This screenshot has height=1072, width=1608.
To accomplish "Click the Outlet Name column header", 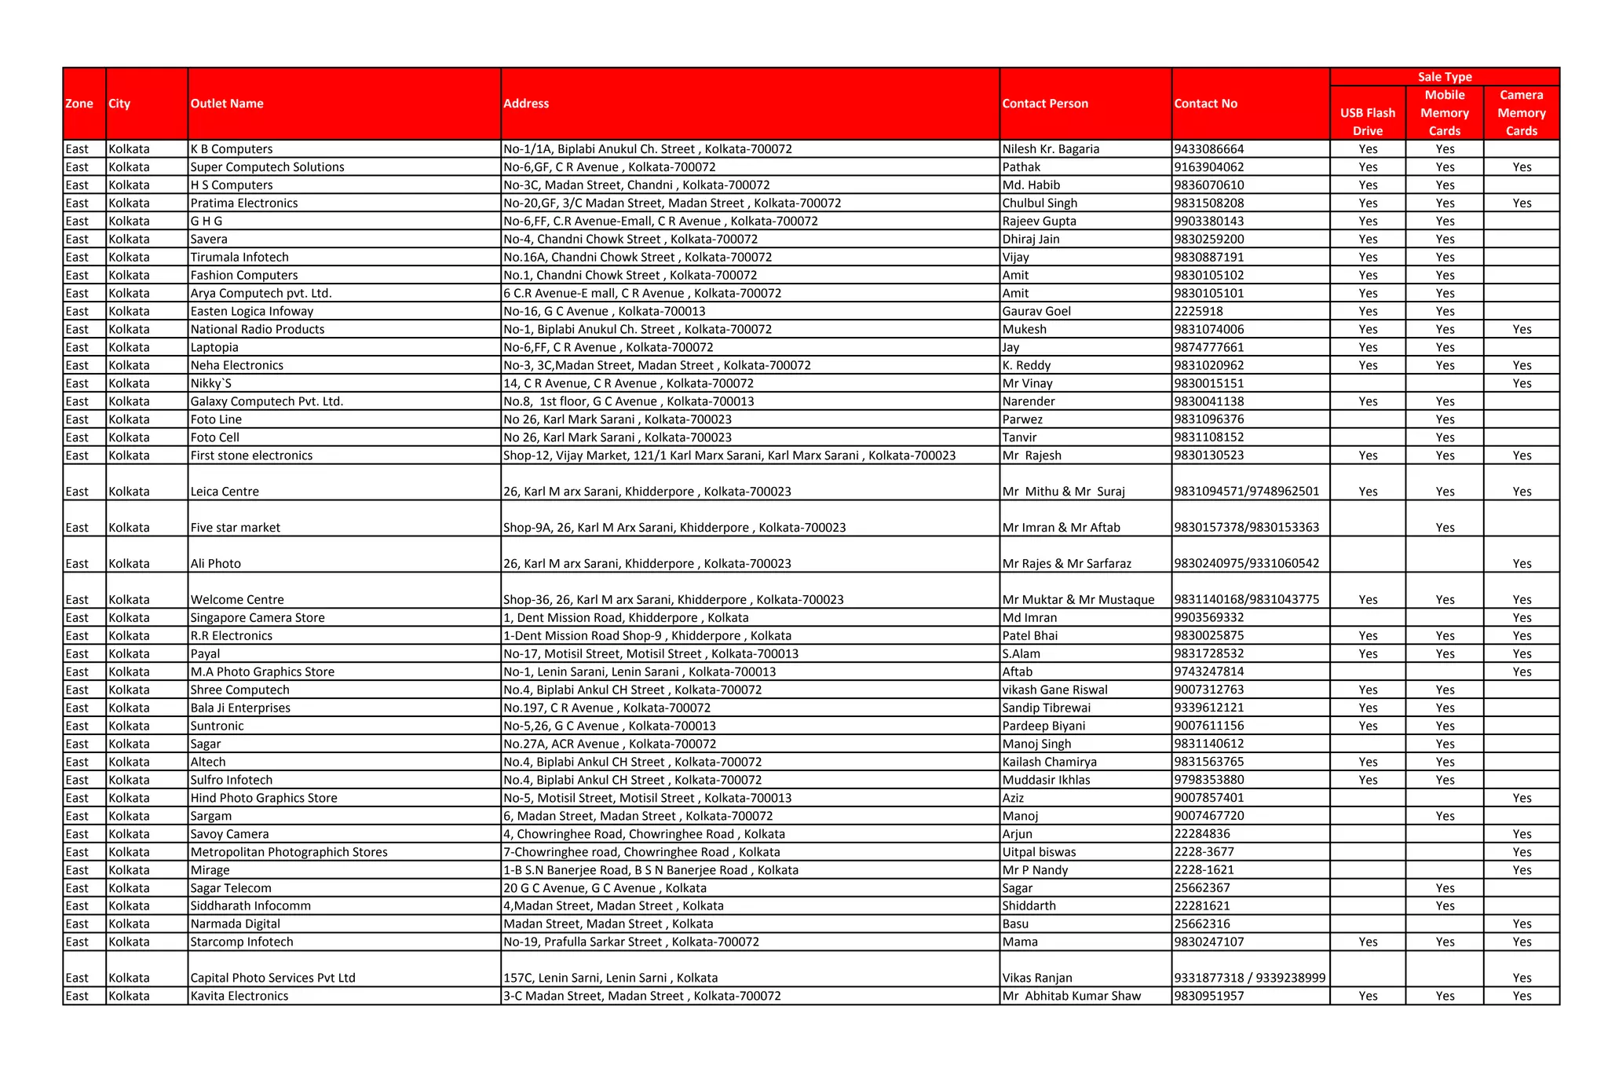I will [227, 104].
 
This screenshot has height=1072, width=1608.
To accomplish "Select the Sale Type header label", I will [1444, 77].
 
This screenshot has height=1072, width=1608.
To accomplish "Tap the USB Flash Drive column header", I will [1367, 122].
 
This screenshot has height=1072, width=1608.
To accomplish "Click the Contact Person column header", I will [1045, 104].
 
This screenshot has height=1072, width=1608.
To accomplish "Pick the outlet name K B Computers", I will [232, 149].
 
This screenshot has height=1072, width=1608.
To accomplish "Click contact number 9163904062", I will [1209, 167].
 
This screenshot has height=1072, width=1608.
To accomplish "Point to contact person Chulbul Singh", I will [1040, 203].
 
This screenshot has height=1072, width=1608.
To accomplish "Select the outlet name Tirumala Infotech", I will [239, 258].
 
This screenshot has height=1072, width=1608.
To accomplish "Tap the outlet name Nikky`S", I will [210, 384].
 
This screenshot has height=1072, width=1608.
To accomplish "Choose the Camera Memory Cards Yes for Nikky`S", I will [1522, 384].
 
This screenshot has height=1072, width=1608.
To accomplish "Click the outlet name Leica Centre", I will [225, 492].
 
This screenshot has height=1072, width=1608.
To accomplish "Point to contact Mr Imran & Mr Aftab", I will [1061, 528].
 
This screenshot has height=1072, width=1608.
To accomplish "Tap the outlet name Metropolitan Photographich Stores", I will [289, 852].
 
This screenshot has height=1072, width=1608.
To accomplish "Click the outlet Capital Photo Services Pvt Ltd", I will [272, 978].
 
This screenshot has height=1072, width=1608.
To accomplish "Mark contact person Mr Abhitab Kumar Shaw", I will [1071, 996].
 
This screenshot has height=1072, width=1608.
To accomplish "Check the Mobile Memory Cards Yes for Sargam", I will [1445, 816].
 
